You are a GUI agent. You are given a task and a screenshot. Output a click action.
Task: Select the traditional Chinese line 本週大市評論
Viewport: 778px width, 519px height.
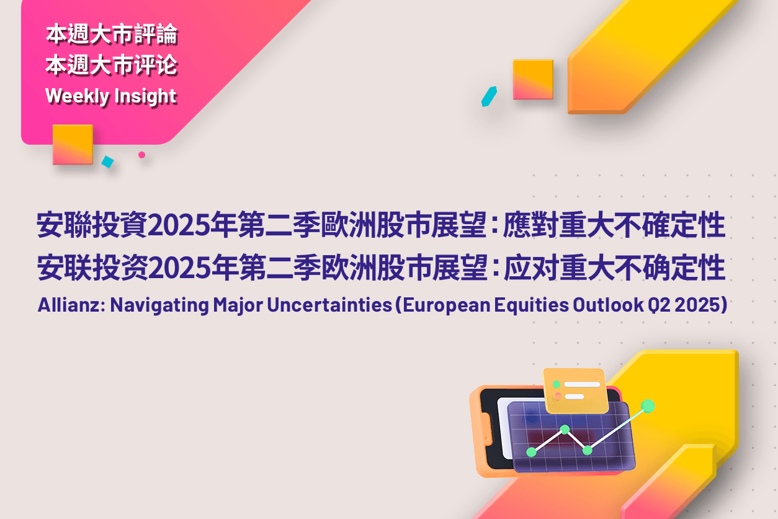click(x=112, y=35)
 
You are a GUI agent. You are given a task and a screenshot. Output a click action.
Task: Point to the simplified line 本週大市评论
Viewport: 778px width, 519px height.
click(x=112, y=65)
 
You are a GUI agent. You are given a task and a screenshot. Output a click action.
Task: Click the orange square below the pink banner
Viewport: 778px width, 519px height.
click(x=73, y=144)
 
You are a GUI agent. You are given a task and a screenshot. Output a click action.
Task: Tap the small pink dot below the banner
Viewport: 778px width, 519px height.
click(x=141, y=155)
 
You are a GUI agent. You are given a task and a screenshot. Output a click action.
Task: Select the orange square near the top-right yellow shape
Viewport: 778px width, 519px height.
click(x=533, y=79)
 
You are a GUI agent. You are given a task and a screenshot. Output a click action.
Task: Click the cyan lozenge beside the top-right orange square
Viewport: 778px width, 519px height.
click(x=490, y=96)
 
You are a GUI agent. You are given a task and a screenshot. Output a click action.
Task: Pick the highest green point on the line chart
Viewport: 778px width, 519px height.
click(x=648, y=406)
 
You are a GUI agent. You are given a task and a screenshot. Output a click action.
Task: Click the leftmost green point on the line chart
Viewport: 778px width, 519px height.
click(x=531, y=451)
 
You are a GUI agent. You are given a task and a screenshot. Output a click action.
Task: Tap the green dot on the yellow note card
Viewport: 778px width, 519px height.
click(x=557, y=384)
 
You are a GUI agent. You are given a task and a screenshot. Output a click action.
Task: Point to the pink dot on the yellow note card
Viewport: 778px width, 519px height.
click(x=558, y=396)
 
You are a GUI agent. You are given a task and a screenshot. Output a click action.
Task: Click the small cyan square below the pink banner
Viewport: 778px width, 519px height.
click(x=108, y=162)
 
